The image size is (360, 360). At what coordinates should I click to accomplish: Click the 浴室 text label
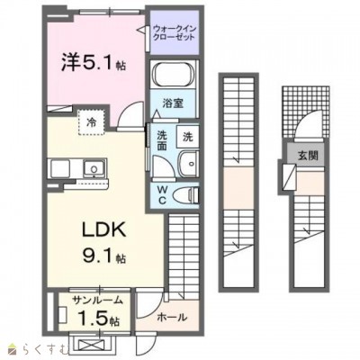tap(175, 103)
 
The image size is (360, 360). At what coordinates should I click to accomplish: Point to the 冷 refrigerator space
tap(91, 119)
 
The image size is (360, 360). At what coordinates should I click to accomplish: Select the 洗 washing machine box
tap(188, 137)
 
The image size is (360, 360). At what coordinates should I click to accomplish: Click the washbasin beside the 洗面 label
tap(187, 165)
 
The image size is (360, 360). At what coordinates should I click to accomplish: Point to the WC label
tap(163, 193)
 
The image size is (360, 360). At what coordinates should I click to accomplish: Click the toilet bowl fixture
tap(186, 195)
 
